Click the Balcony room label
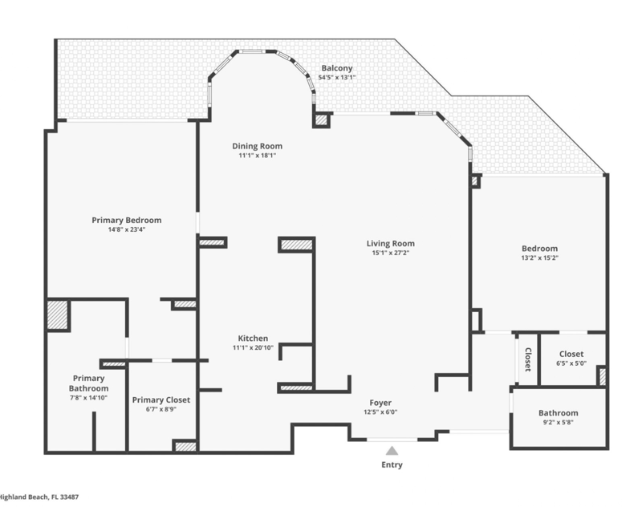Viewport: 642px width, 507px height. pyautogui.click(x=336, y=68)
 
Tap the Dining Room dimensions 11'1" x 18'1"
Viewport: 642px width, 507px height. pyautogui.click(x=257, y=156)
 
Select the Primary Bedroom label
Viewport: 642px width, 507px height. pyautogui.click(x=127, y=220)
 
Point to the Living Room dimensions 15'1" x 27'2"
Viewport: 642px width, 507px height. pyautogui.click(x=390, y=253)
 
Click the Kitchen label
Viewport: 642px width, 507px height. pyautogui.click(x=253, y=339)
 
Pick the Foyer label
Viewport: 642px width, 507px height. pyautogui.click(x=380, y=403)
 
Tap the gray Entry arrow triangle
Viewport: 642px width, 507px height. pyautogui.click(x=392, y=451)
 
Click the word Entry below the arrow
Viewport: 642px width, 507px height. pyautogui.click(x=392, y=464)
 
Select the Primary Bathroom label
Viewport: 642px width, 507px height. pyautogui.click(x=88, y=383)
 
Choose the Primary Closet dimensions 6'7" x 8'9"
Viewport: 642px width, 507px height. pyautogui.click(x=161, y=409)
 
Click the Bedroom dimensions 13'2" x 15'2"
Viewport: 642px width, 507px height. pyautogui.click(x=539, y=258)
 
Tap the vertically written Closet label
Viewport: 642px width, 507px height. pyautogui.click(x=528, y=359)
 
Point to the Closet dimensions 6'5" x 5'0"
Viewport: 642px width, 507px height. pyautogui.click(x=571, y=363)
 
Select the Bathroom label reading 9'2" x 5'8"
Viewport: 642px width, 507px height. pyautogui.click(x=558, y=422)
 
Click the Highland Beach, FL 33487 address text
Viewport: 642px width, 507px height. pyautogui.click(x=39, y=497)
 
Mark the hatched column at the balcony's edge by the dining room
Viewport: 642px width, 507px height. pyautogui.click(x=322, y=120)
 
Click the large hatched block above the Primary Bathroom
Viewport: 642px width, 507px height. pyautogui.click(x=57, y=315)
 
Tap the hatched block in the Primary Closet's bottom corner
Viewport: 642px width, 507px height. pyautogui.click(x=185, y=447)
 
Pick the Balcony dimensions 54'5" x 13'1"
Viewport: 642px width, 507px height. pyautogui.click(x=336, y=78)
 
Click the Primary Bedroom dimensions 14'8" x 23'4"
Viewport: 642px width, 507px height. pyautogui.click(x=127, y=229)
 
